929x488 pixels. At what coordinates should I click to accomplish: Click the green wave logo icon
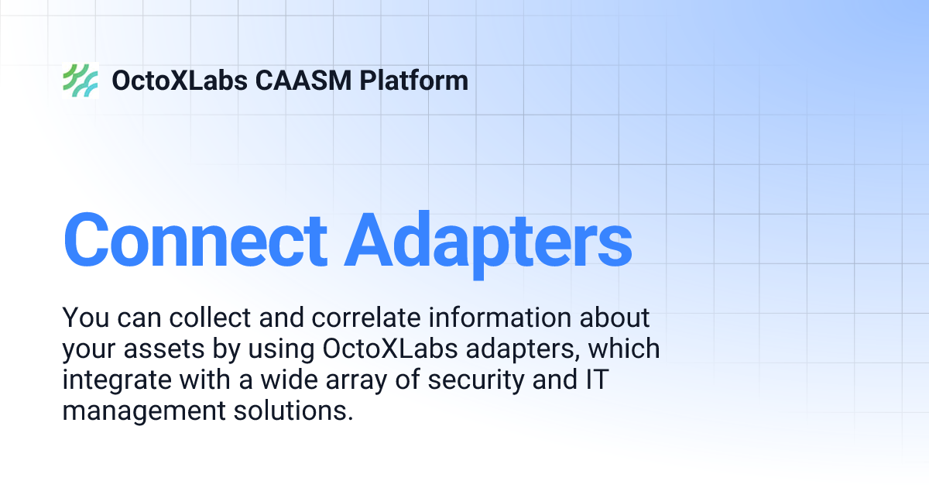pos(80,81)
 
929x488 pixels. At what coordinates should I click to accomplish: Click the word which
pos(624,349)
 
